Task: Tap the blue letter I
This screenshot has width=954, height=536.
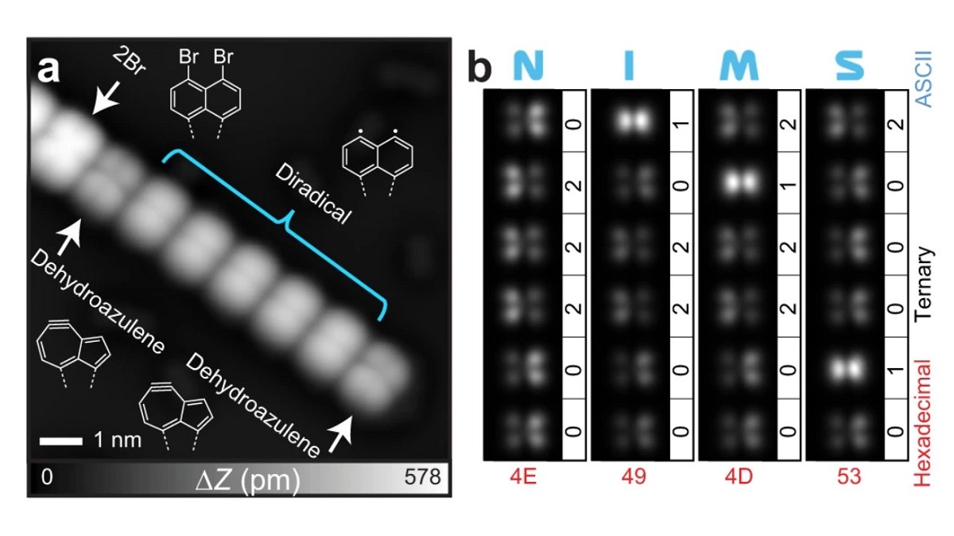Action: pos(629,67)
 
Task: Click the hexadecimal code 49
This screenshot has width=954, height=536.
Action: pos(634,477)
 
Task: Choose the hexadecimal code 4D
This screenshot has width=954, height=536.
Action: pos(741,477)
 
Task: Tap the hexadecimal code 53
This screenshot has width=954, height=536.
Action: pos(849,477)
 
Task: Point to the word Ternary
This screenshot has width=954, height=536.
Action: pos(924,283)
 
